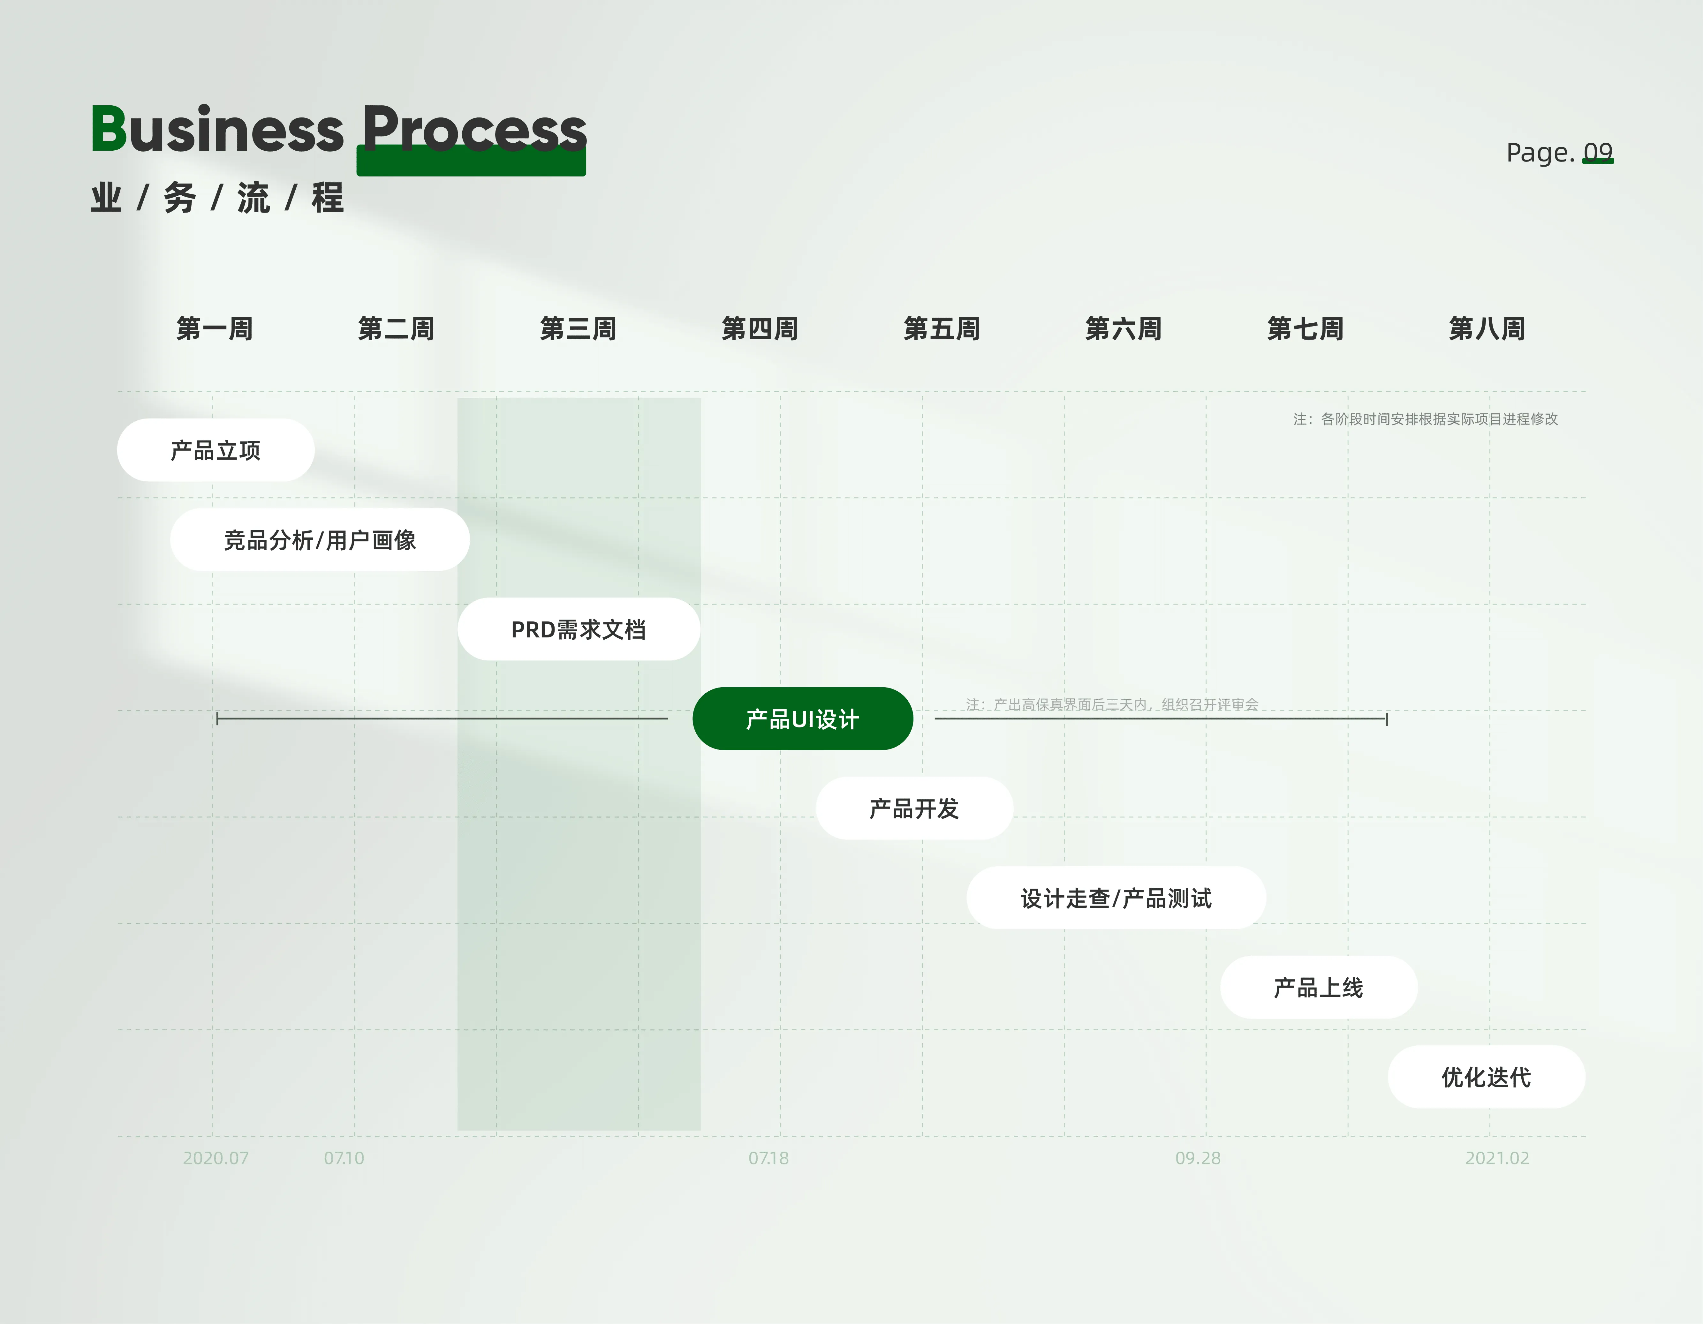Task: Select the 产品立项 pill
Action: pyautogui.click(x=215, y=450)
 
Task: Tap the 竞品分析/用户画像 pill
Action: pyautogui.click(x=320, y=539)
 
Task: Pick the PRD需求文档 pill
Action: pyautogui.click(x=579, y=629)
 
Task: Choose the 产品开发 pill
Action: pyautogui.click(x=914, y=809)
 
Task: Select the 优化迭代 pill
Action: pyautogui.click(x=1486, y=1077)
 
